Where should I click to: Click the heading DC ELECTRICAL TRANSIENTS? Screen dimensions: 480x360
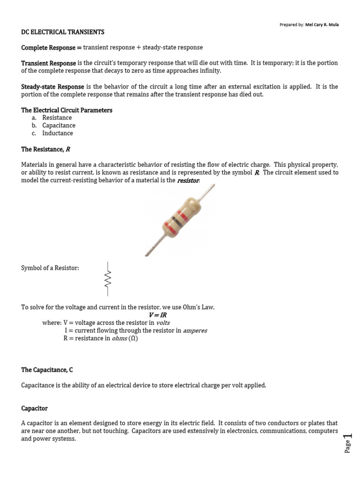click(63, 32)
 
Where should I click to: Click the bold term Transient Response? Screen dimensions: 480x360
click(48, 63)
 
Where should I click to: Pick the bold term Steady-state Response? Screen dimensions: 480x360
click(52, 87)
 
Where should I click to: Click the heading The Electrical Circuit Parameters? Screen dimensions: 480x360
click(67, 110)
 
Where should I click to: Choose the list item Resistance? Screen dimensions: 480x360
click(57, 118)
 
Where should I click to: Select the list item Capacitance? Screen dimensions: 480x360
click(59, 126)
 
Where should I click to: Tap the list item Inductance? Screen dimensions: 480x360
click(58, 133)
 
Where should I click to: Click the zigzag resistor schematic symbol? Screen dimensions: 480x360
click(108, 279)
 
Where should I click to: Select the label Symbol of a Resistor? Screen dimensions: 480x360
click(50, 268)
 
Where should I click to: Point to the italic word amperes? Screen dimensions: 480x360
click(195, 330)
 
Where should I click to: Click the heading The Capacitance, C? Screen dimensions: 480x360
click(47, 370)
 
